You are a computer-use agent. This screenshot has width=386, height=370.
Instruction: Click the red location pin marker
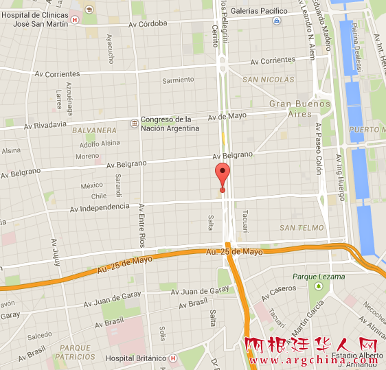pos(222,176)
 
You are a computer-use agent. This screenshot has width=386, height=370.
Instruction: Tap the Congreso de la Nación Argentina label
pos(170,124)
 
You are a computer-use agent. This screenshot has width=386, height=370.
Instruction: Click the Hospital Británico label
pos(136,358)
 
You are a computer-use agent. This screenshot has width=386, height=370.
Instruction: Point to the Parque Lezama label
pos(318,277)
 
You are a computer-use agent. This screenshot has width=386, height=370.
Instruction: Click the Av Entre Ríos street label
pos(142,226)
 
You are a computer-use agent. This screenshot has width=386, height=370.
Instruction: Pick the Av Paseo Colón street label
pos(319,148)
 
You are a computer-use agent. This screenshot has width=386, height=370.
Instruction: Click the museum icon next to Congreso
pos(133,124)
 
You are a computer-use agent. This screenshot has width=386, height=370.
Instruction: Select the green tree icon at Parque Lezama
pos(318,286)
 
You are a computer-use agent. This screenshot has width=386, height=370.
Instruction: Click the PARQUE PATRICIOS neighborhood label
pos(76,352)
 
